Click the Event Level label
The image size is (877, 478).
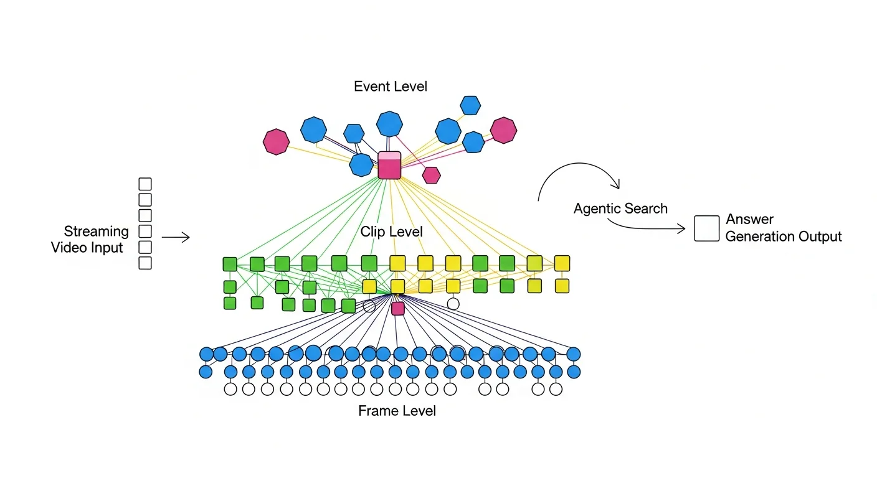coord(391,87)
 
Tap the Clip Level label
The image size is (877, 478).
coord(392,232)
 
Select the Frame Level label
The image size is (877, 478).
coord(397,411)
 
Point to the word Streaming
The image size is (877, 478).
coord(97,232)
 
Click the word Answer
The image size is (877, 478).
coord(750,219)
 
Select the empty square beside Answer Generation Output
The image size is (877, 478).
coord(707,228)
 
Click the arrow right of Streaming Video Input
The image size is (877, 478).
coord(176,237)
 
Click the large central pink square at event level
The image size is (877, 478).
coord(389,166)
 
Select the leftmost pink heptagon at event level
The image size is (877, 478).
coord(276,142)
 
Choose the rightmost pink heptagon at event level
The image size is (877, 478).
coord(503,130)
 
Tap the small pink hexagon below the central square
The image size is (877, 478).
coord(432,176)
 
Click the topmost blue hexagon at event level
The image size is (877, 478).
coord(470,105)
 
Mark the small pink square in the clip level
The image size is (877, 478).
coord(398,309)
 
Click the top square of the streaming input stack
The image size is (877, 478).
coord(145,184)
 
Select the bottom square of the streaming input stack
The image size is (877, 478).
coord(145,263)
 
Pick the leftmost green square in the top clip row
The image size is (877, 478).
coord(230,264)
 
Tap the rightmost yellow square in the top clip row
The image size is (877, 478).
coord(562,263)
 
